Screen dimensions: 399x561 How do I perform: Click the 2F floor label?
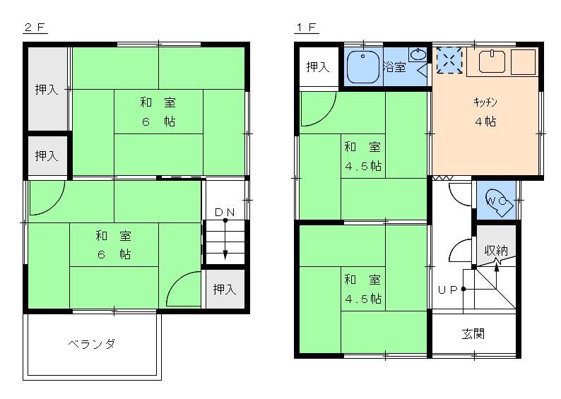[x=35, y=28]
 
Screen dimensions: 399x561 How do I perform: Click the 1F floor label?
[x=307, y=28]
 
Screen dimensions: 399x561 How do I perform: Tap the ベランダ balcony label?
[x=91, y=345]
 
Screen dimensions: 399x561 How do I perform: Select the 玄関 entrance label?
[x=473, y=333]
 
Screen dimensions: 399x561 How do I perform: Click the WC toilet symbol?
[x=497, y=201]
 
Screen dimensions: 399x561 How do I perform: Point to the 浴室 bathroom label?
[x=394, y=67]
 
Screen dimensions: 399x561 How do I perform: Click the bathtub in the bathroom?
[x=364, y=67]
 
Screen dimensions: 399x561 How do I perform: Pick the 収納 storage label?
[x=496, y=251]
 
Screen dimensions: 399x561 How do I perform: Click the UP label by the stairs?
[x=447, y=289]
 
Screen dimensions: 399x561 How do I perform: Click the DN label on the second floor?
[x=225, y=212]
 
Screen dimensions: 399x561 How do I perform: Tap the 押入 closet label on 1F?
[x=318, y=67]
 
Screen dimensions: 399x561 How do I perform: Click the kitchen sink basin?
[x=493, y=62]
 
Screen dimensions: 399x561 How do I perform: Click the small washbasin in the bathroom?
[x=418, y=54]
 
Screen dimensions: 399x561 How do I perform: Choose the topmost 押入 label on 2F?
[x=47, y=90]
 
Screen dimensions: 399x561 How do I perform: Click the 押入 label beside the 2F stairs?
[x=225, y=289]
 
